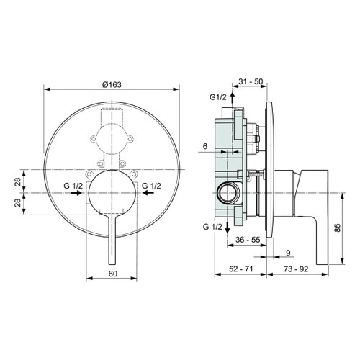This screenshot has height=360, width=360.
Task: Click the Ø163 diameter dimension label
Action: [x=111, y=84]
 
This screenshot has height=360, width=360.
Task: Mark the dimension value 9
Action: [x=289, y=253]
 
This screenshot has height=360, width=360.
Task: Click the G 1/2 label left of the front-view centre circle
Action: [x=73, y=186]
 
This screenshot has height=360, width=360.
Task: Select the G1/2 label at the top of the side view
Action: [x=218, y=96]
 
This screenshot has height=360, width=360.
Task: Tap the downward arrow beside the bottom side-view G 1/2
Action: [x=228, y=225]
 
